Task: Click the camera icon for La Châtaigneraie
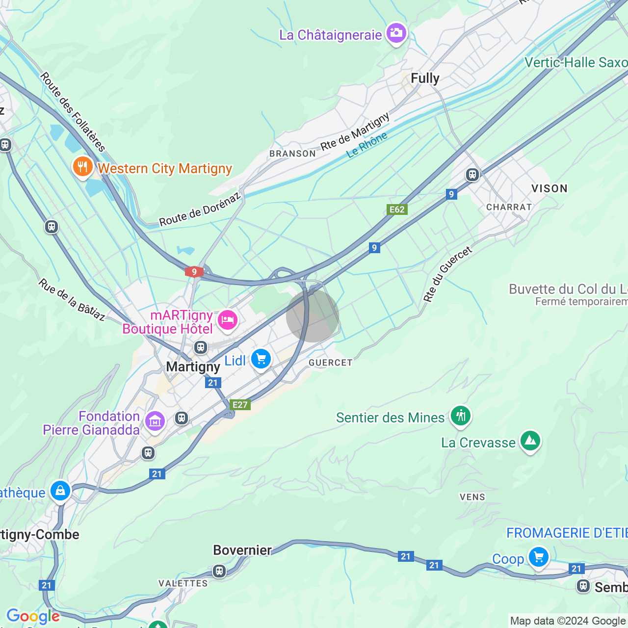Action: [396, 33]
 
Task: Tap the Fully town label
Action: [425, 78]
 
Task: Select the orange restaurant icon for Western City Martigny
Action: [83, 167]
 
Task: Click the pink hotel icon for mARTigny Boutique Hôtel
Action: [228, 320]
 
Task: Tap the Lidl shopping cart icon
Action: [261, 360]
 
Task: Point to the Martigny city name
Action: [193, 367]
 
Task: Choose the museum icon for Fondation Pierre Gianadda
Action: [155, 421]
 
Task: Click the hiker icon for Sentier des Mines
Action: [460, 416]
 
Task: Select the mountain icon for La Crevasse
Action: [530, 441]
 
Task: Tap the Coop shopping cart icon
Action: [538, 558]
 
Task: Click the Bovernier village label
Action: [242, 550]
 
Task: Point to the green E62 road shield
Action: [397, 209]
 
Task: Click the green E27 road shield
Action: [240, 404]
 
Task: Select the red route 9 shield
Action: [194, 272]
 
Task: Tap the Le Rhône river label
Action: [366, 145]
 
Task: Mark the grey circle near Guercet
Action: [313, 316]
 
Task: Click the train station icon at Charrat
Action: [472, 175]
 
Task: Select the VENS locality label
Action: [472, 497]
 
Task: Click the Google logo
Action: [33, 616]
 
